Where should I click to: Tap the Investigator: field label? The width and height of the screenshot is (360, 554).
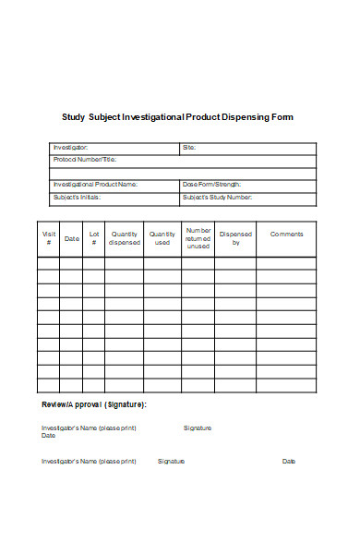pyautogui.click(x=70, y=148)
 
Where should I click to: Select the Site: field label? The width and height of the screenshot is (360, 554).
pyautogui.click(x=189, y=148)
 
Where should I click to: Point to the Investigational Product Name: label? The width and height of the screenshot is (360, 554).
pyautogui.click(x=95, y=185)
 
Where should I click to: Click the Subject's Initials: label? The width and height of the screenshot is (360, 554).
pyautogui.click(x=77, y=198)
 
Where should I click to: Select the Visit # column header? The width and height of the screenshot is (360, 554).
pyautogui.click(x=49, y=238)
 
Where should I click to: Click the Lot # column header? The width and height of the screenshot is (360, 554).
pyautogui.click(x=93, y=238)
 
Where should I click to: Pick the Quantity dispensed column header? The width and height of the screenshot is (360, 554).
pyautogui.click(x=124, y=238)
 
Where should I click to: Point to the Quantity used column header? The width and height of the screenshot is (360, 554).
pyautogui.click(x=162, y=238)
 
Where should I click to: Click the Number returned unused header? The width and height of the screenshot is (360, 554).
pyautogui.click(x=198, y=238)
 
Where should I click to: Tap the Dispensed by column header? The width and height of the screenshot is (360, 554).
pyautogui.click(x=235, y=238)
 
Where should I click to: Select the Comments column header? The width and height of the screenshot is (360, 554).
pyautogui.click(x=286, y=234)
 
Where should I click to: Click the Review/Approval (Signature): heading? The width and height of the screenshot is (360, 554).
pyautogui.click(x=93, y=404)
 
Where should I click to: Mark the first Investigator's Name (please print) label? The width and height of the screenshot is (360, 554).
pyautogui.click(x=89, y=428)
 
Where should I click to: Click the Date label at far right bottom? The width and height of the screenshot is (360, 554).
pyautogui.click(x=288, y=461)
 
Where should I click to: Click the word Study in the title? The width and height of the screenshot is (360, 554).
pyautogui.click(x=72, y=118)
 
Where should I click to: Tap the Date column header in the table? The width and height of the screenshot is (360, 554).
pyautogui.click(x=71, y=238)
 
